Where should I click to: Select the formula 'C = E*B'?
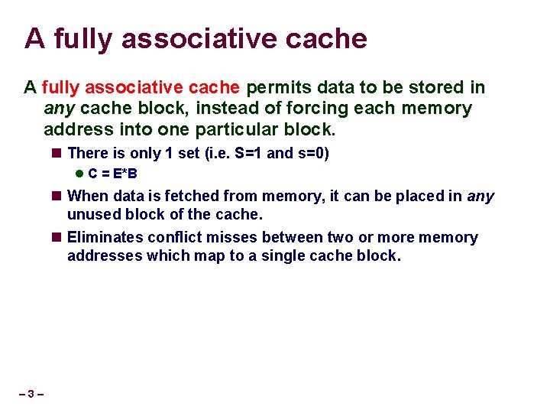click(x=112, y=174)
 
